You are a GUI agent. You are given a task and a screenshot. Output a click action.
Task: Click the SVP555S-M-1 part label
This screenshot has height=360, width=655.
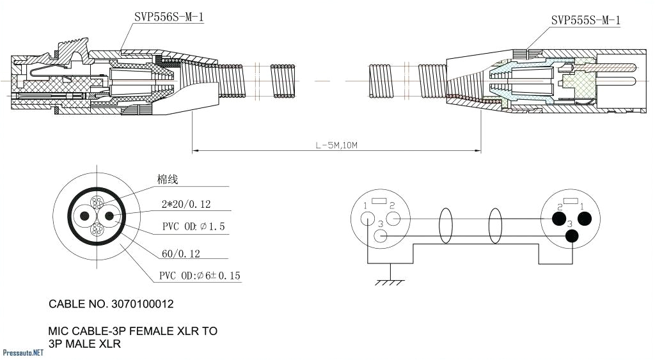[585, 20]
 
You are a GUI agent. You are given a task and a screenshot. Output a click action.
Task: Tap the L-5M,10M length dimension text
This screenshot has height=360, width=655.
[336, 145]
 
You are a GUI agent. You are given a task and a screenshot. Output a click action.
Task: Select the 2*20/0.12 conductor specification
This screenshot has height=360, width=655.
[185, 205]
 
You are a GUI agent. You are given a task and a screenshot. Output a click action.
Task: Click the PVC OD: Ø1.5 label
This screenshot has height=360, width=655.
[193, 227]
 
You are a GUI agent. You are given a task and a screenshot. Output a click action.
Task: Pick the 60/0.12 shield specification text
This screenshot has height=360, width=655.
[180, 254]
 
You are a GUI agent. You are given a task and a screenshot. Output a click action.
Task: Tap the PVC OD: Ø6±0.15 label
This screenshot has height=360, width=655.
[200, 276]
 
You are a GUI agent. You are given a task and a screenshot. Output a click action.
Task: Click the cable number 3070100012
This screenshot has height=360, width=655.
[111, 304]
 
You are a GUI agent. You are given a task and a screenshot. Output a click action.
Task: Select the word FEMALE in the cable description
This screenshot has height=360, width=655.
[156, 331]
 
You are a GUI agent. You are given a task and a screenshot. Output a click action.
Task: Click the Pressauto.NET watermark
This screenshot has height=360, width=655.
[23, 352]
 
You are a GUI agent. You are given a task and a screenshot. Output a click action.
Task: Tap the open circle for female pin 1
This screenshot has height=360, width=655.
[367, 218]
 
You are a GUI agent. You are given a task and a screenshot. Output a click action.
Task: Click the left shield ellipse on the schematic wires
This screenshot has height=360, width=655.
[446, 227]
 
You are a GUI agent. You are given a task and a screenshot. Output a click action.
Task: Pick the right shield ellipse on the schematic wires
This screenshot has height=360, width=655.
[495, 227]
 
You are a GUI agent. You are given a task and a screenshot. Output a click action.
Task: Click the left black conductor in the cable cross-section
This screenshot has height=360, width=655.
[83, 216]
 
